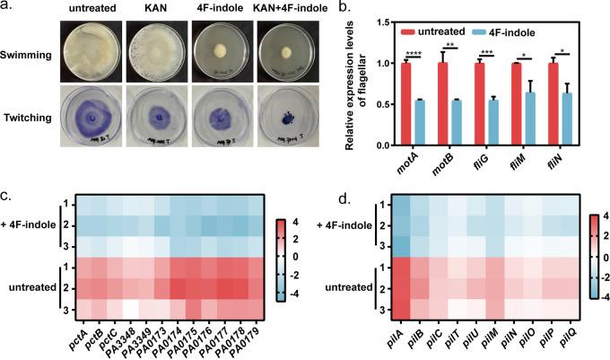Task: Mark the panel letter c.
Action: pos(6,193)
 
